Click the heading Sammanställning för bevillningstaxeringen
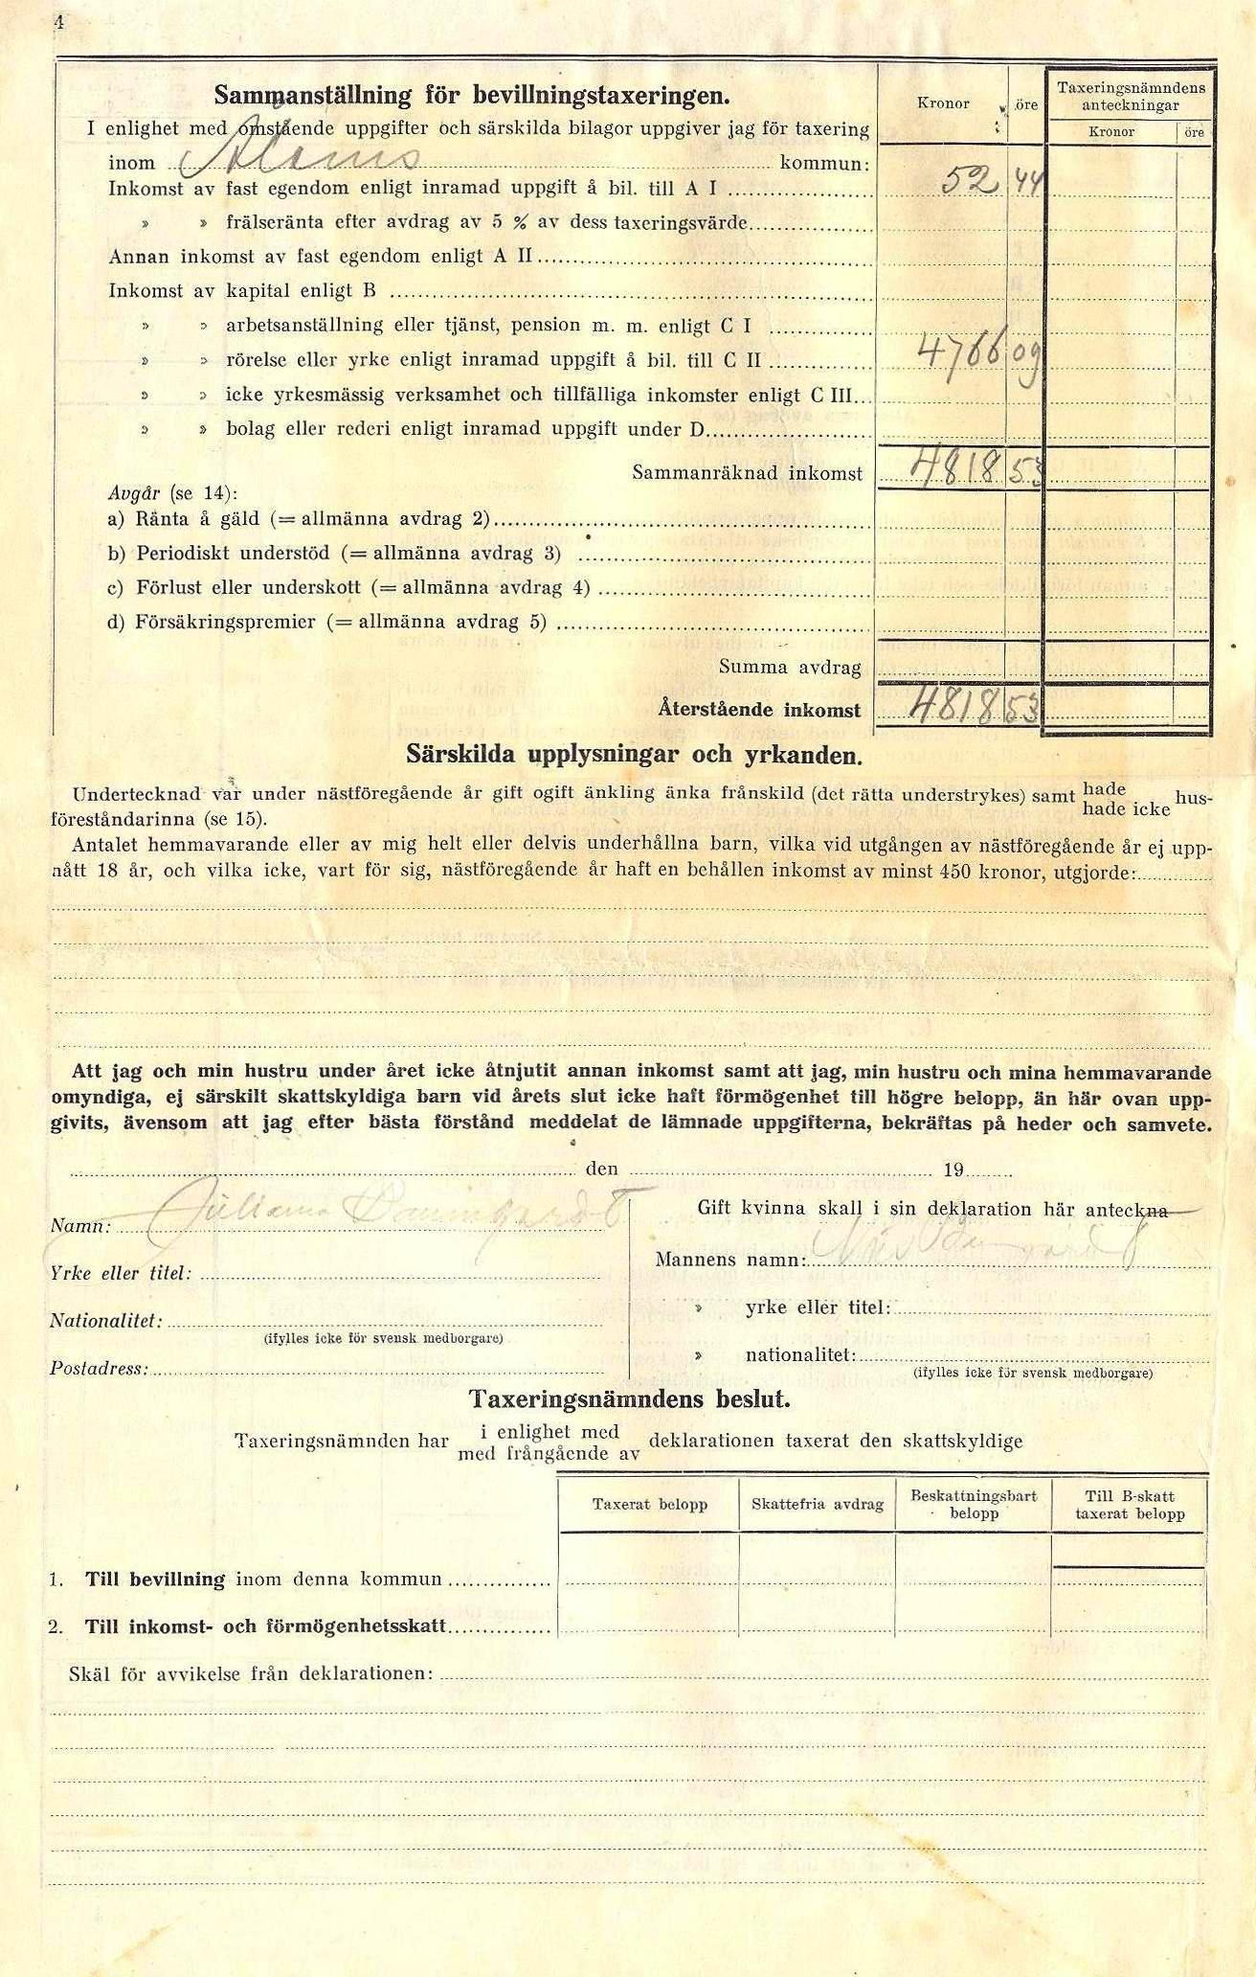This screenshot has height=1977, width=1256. click(471, 96)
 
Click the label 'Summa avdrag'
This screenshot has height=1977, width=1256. click(790, 668)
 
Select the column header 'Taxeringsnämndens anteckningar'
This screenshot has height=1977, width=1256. click(1131, 97)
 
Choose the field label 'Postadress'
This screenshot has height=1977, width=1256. click(100, 1369)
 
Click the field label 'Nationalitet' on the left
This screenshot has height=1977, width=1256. click(105, 1322)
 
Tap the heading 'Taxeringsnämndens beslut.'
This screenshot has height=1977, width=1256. click(630, 1399)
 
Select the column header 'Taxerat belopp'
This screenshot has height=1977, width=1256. click(649, 1505)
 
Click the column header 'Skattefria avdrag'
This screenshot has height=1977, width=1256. click(817, 1505)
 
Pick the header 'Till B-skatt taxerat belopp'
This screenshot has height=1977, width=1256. click(1129, 1505)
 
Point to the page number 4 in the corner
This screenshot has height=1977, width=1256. click(58, 25)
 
